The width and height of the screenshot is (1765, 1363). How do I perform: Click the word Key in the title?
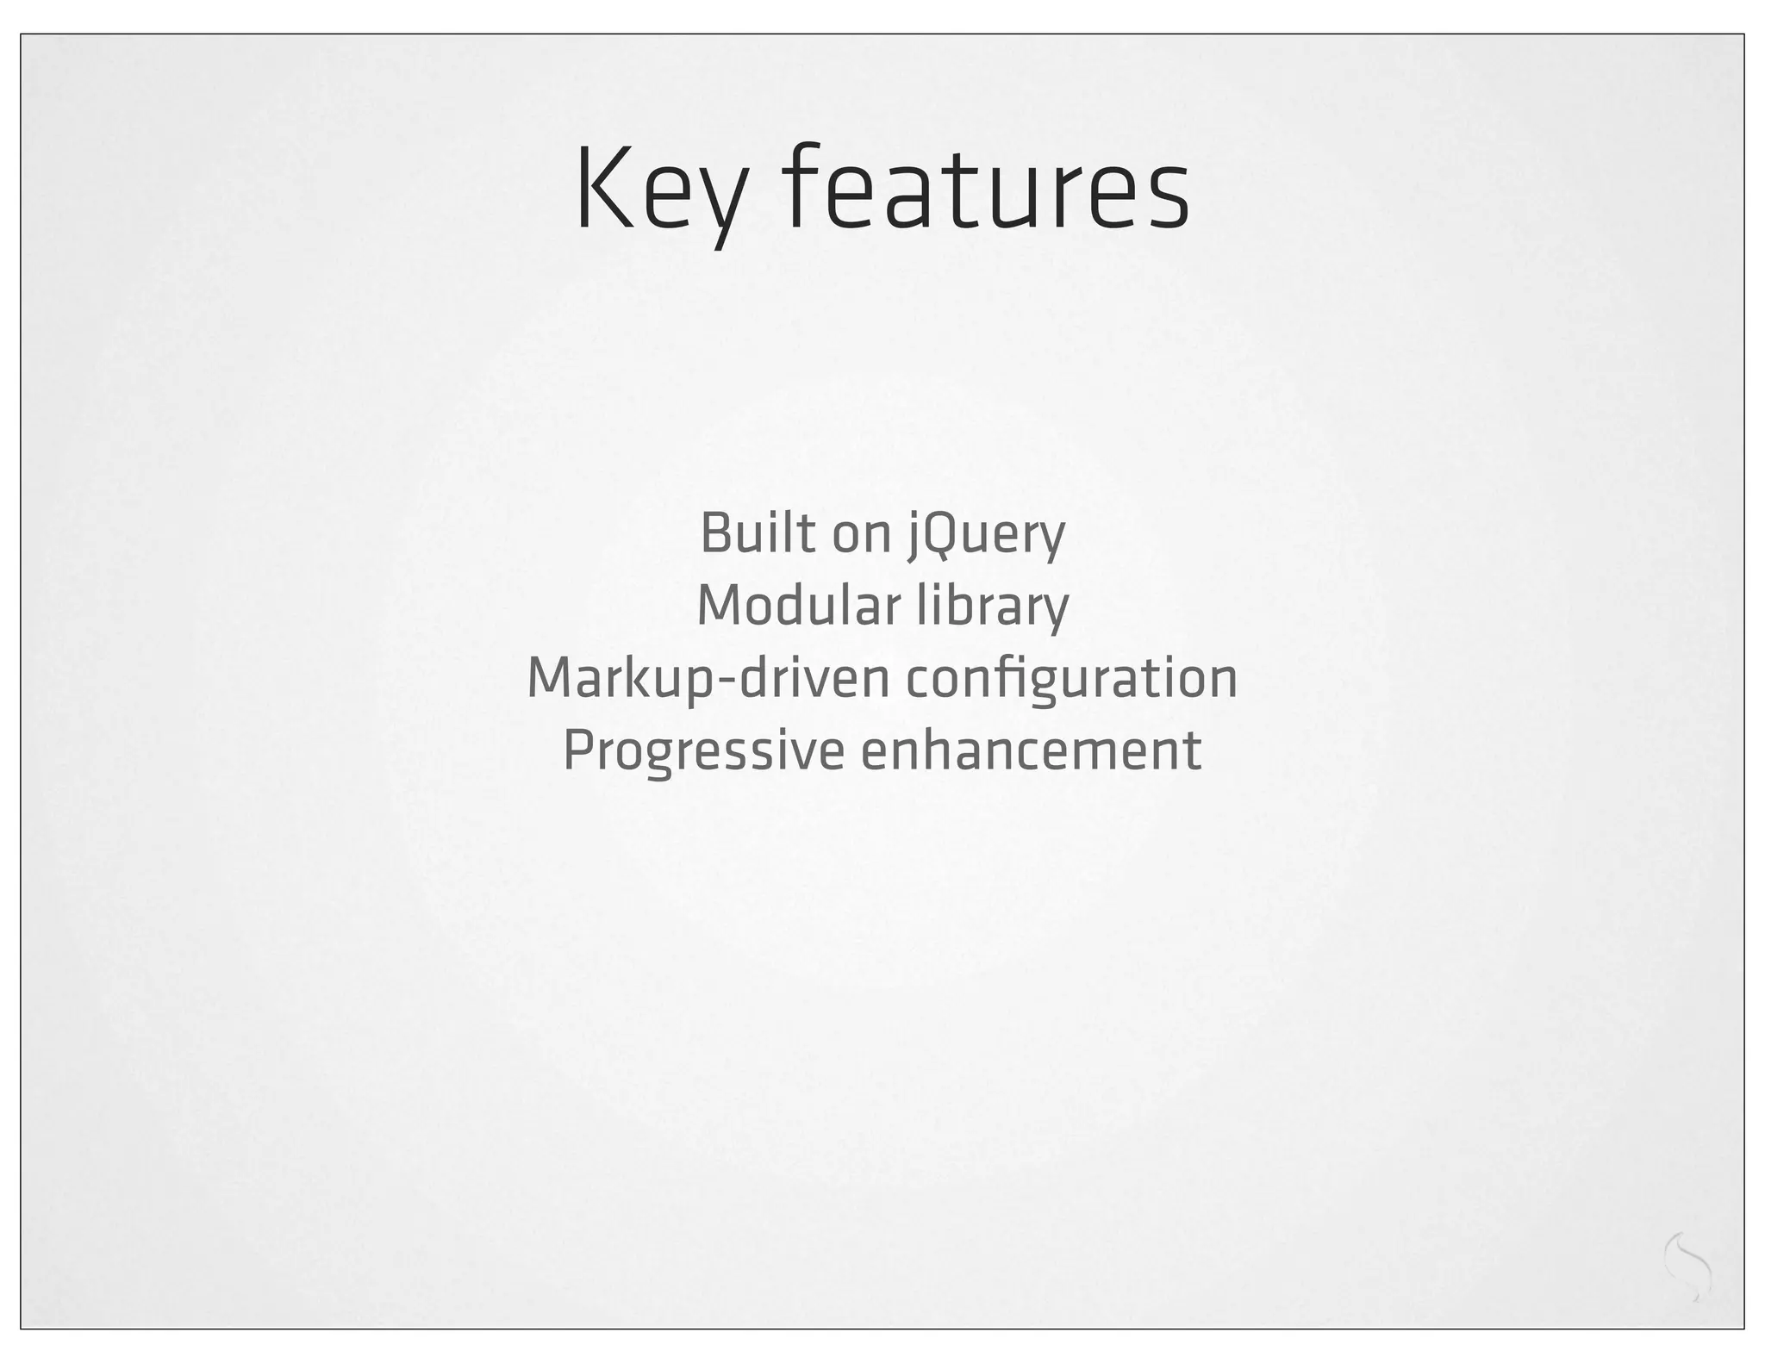(x=658, y=191)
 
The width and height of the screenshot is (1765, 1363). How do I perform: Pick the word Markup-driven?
(x=708, y=679)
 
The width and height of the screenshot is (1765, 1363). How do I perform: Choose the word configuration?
(x=1071, y=679)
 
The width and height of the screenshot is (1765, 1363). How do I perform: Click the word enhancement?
(x=1031, y=750)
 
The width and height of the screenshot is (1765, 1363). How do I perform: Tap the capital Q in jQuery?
(x=939, y=534)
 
